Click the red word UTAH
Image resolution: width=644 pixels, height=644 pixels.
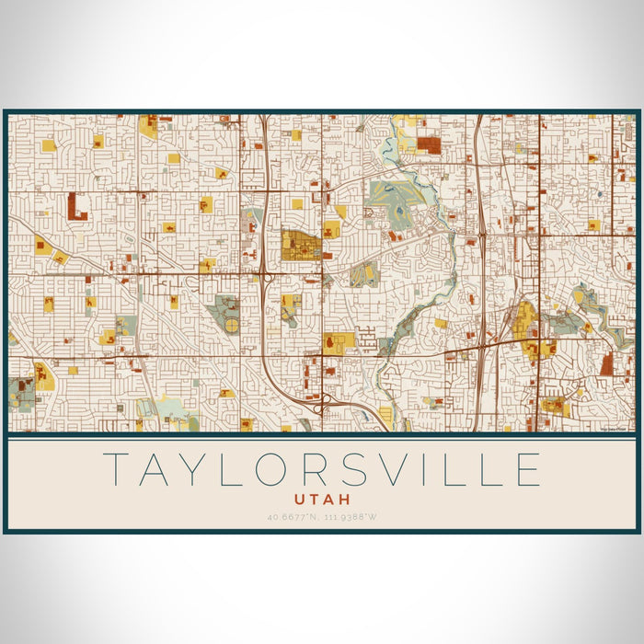pos(322,499)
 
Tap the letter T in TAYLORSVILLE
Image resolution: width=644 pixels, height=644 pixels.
pos(116,469)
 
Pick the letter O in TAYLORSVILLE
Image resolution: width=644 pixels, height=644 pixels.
pos(270,469)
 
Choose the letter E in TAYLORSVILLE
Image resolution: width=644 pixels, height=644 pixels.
pos(528,469)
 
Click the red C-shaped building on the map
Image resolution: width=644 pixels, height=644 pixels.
pos(76,206)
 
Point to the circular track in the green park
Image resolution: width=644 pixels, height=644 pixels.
pos(231,325)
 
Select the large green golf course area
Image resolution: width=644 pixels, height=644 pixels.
pos(396,196)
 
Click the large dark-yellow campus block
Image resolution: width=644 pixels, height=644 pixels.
pos(300,246)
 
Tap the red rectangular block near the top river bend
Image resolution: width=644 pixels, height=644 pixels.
pos(429,144)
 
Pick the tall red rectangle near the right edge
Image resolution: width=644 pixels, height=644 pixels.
pos(606,363)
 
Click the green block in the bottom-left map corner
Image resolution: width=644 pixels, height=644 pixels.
pos(22,394)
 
